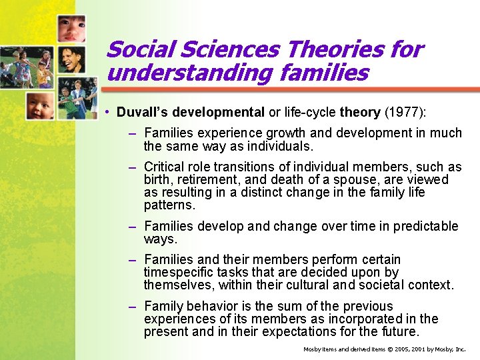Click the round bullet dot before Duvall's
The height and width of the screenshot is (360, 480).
107,112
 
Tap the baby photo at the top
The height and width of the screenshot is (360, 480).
71,28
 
